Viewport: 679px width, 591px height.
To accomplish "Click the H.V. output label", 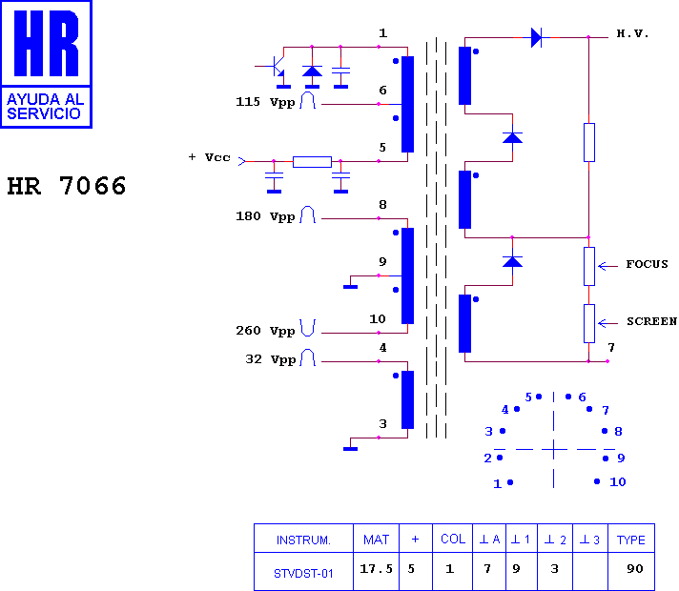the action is click(632, 33).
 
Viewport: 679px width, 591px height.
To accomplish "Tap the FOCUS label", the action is click(647, 264).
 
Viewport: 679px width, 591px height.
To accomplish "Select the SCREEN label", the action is click(651, 321).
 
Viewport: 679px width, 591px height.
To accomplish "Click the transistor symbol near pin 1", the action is click(278, 66).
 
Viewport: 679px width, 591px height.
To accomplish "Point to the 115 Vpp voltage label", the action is click(265, 102).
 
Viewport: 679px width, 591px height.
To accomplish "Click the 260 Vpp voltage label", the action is click(265, 331).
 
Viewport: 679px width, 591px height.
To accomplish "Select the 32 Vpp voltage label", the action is click(270, 359).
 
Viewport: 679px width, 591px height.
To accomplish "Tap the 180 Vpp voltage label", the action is click(265, 216).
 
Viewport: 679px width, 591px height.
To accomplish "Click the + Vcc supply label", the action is click(209, 157).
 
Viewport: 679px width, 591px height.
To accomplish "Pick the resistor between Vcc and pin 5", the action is click(312, 162).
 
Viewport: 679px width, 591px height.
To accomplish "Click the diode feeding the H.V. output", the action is click(536, 38).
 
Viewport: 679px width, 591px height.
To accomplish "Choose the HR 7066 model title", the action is click(66, 186).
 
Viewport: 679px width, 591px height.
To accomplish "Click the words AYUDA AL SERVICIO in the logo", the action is click(45, 107).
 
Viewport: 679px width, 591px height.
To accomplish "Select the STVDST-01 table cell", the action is click(303, 574).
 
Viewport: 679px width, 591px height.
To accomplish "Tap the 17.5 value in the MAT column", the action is click(376, 568).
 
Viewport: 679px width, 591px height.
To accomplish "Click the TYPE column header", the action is click(631, 540).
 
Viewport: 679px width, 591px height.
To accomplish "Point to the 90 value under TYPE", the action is click(635, 568).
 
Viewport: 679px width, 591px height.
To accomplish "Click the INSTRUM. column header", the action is click(303, 540).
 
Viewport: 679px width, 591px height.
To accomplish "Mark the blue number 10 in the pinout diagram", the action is click(618, 482).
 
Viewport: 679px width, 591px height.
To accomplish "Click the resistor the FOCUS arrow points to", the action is click(589, 266).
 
